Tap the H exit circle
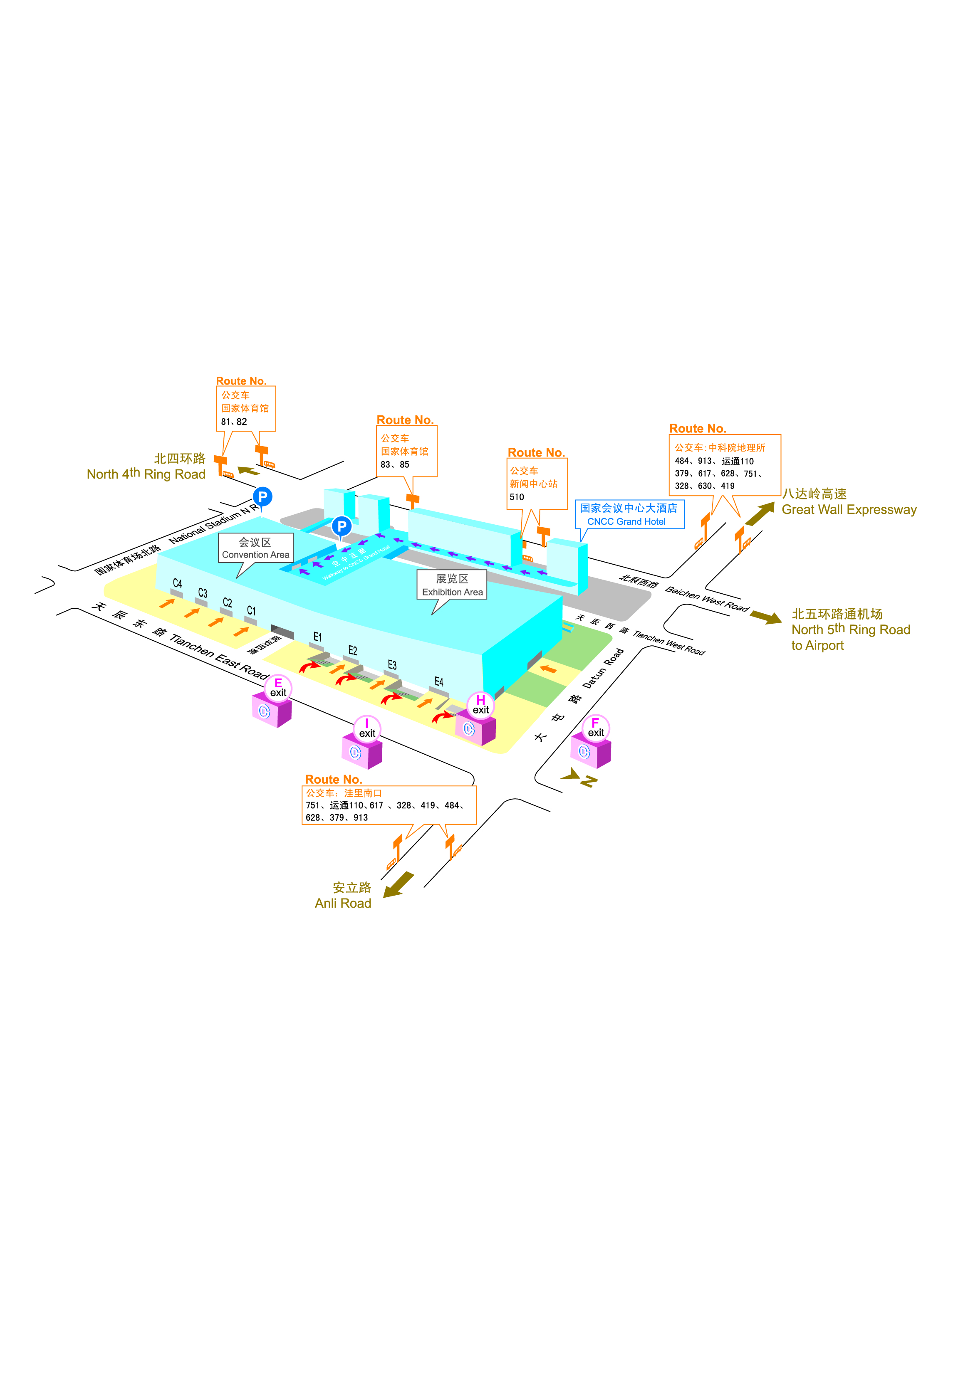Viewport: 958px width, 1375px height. pyautogui.click(x=480, y=704)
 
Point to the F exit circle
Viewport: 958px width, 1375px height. pyautogui.click(x=596, y=728)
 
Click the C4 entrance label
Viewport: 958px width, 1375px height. pyautogui.click(x=177, y=583)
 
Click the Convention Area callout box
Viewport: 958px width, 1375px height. pyautogui.click(x=255, y=548)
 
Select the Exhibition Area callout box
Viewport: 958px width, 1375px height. pyautogui.click(x=452, y=585)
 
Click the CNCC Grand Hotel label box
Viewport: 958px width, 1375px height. pyautogui.click(x=629, y=514)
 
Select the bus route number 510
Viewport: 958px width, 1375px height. pyautogui.click(x=517, y=497)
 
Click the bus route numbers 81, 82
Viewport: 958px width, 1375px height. pyautogui.click(x=234, y=422)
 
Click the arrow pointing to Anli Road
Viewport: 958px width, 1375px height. pyautogui.click(x=399, y=884)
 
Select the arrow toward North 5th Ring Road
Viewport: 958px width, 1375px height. pyautogui.click(x=766, y=616)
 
